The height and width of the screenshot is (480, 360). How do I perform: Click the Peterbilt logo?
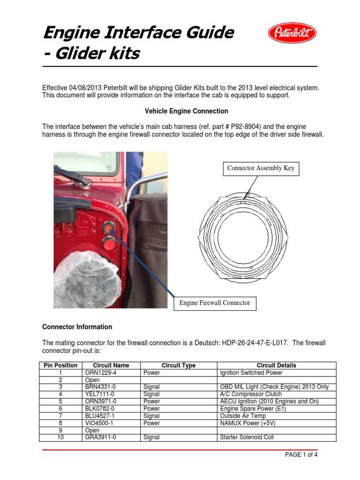[x=292, y=33]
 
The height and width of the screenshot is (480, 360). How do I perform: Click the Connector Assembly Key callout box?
[x=261, y=168]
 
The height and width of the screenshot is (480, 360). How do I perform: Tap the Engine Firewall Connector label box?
[x=215, y=303]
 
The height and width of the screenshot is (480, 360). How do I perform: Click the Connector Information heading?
[x=77, y=327]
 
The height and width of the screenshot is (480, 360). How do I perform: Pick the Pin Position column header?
[x=60, y=366]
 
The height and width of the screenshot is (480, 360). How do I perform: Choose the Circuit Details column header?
[x=276, y=366]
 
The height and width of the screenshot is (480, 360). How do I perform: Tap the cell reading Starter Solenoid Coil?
[x=247, y=437]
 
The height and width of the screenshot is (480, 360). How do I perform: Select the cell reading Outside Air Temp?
[x=242, y=416]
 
